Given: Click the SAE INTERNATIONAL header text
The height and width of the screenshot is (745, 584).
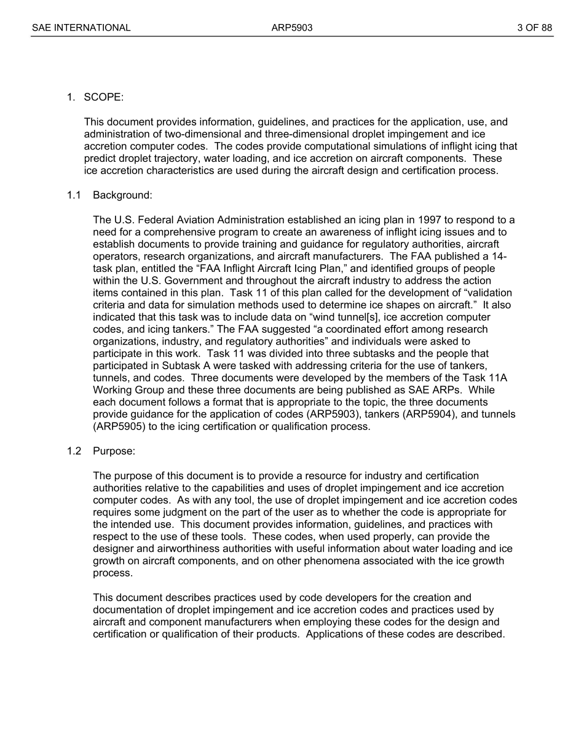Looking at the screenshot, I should coord(81,28).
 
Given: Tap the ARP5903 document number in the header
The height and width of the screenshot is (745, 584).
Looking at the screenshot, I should coord(292,28).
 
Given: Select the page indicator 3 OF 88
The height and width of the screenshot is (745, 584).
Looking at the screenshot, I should coord(534,28).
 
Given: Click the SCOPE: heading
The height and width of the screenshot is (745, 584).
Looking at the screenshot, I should coord(104,97).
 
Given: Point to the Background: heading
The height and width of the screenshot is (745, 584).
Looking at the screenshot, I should coord(122,195).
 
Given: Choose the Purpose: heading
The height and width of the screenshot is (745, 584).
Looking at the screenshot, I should coord(114,451).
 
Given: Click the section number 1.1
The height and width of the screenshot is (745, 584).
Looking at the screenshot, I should coord(74,195).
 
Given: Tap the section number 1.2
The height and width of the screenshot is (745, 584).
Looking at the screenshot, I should coord(74,451).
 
